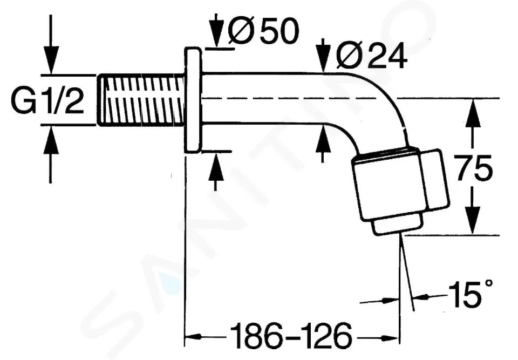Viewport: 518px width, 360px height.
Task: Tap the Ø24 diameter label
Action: [371, 56]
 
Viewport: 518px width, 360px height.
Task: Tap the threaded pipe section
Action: [142, 100]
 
